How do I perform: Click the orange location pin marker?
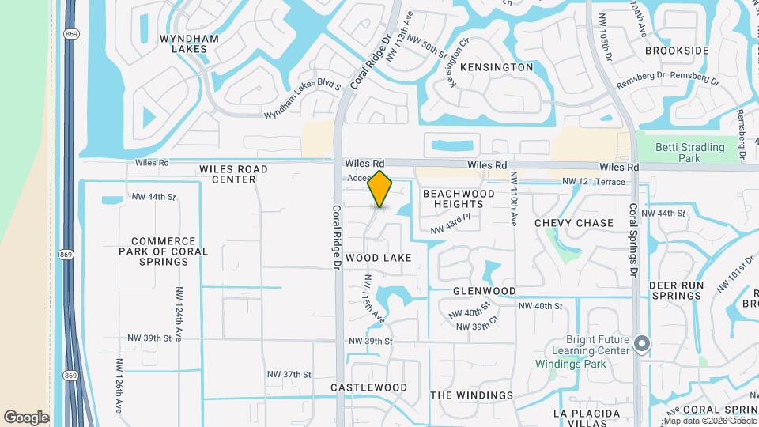[x=380, y=189]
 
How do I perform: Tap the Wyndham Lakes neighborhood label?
[x=183, y=43]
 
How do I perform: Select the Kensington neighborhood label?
[x=497, y=67]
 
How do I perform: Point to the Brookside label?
[x=676, y=51]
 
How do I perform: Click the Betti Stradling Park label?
[x=690, y=153]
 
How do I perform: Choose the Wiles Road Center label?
[x=233, y=174]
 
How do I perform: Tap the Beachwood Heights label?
[x=459, y=198]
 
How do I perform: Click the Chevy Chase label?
[x=574, y=223]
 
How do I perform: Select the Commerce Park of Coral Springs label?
[x=164, y=251]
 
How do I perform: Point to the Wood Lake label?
[x=378, y=258]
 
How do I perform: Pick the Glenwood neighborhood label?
[x=485, y=291]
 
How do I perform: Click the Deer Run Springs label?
[x=675, y=290]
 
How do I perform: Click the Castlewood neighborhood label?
[x=368, y=387]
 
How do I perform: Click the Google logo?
[x=26, y=418]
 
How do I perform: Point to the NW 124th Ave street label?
[x=179, y=314]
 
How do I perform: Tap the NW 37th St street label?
[x=289, y=374]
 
